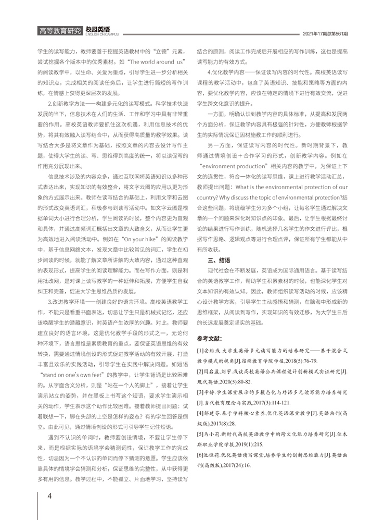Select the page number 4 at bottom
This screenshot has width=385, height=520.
pos(49,496)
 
